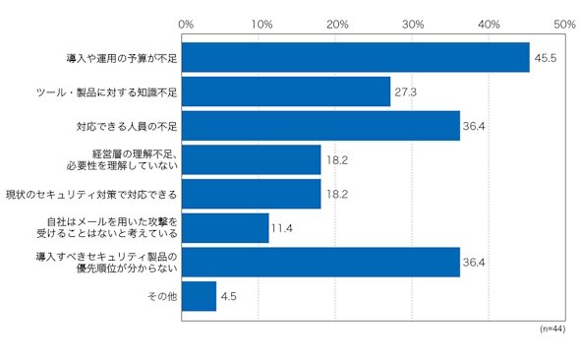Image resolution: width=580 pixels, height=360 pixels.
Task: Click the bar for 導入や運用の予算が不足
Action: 356,57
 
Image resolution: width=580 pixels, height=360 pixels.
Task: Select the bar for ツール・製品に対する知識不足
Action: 286,91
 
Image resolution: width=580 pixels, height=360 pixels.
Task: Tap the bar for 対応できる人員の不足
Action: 320,126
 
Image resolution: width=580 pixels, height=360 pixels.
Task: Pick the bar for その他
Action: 199,296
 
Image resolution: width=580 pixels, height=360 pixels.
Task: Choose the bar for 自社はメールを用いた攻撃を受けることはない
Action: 225,228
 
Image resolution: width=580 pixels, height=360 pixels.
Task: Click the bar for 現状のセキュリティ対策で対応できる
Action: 251,194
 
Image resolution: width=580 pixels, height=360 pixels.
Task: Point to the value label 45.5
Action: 546,58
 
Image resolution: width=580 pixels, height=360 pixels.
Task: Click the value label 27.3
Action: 405,91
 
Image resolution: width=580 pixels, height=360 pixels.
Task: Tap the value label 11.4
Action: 282,228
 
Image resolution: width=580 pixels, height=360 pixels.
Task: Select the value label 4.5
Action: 229,296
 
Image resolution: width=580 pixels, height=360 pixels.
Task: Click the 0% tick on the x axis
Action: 186,25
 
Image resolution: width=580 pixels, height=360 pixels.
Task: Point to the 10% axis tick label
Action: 261,25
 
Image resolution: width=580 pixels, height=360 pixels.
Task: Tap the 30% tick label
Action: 413,25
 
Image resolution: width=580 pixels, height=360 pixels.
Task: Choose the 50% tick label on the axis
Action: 564,25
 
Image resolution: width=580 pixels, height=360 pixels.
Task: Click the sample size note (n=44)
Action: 552,329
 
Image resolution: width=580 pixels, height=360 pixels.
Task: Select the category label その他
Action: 162,296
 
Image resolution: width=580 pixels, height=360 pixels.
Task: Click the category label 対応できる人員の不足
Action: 127,127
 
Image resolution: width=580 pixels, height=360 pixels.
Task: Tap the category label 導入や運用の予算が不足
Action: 122,58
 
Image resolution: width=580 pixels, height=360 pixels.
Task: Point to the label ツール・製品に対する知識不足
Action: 107,92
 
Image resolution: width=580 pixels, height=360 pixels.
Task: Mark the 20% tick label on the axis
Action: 337,25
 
